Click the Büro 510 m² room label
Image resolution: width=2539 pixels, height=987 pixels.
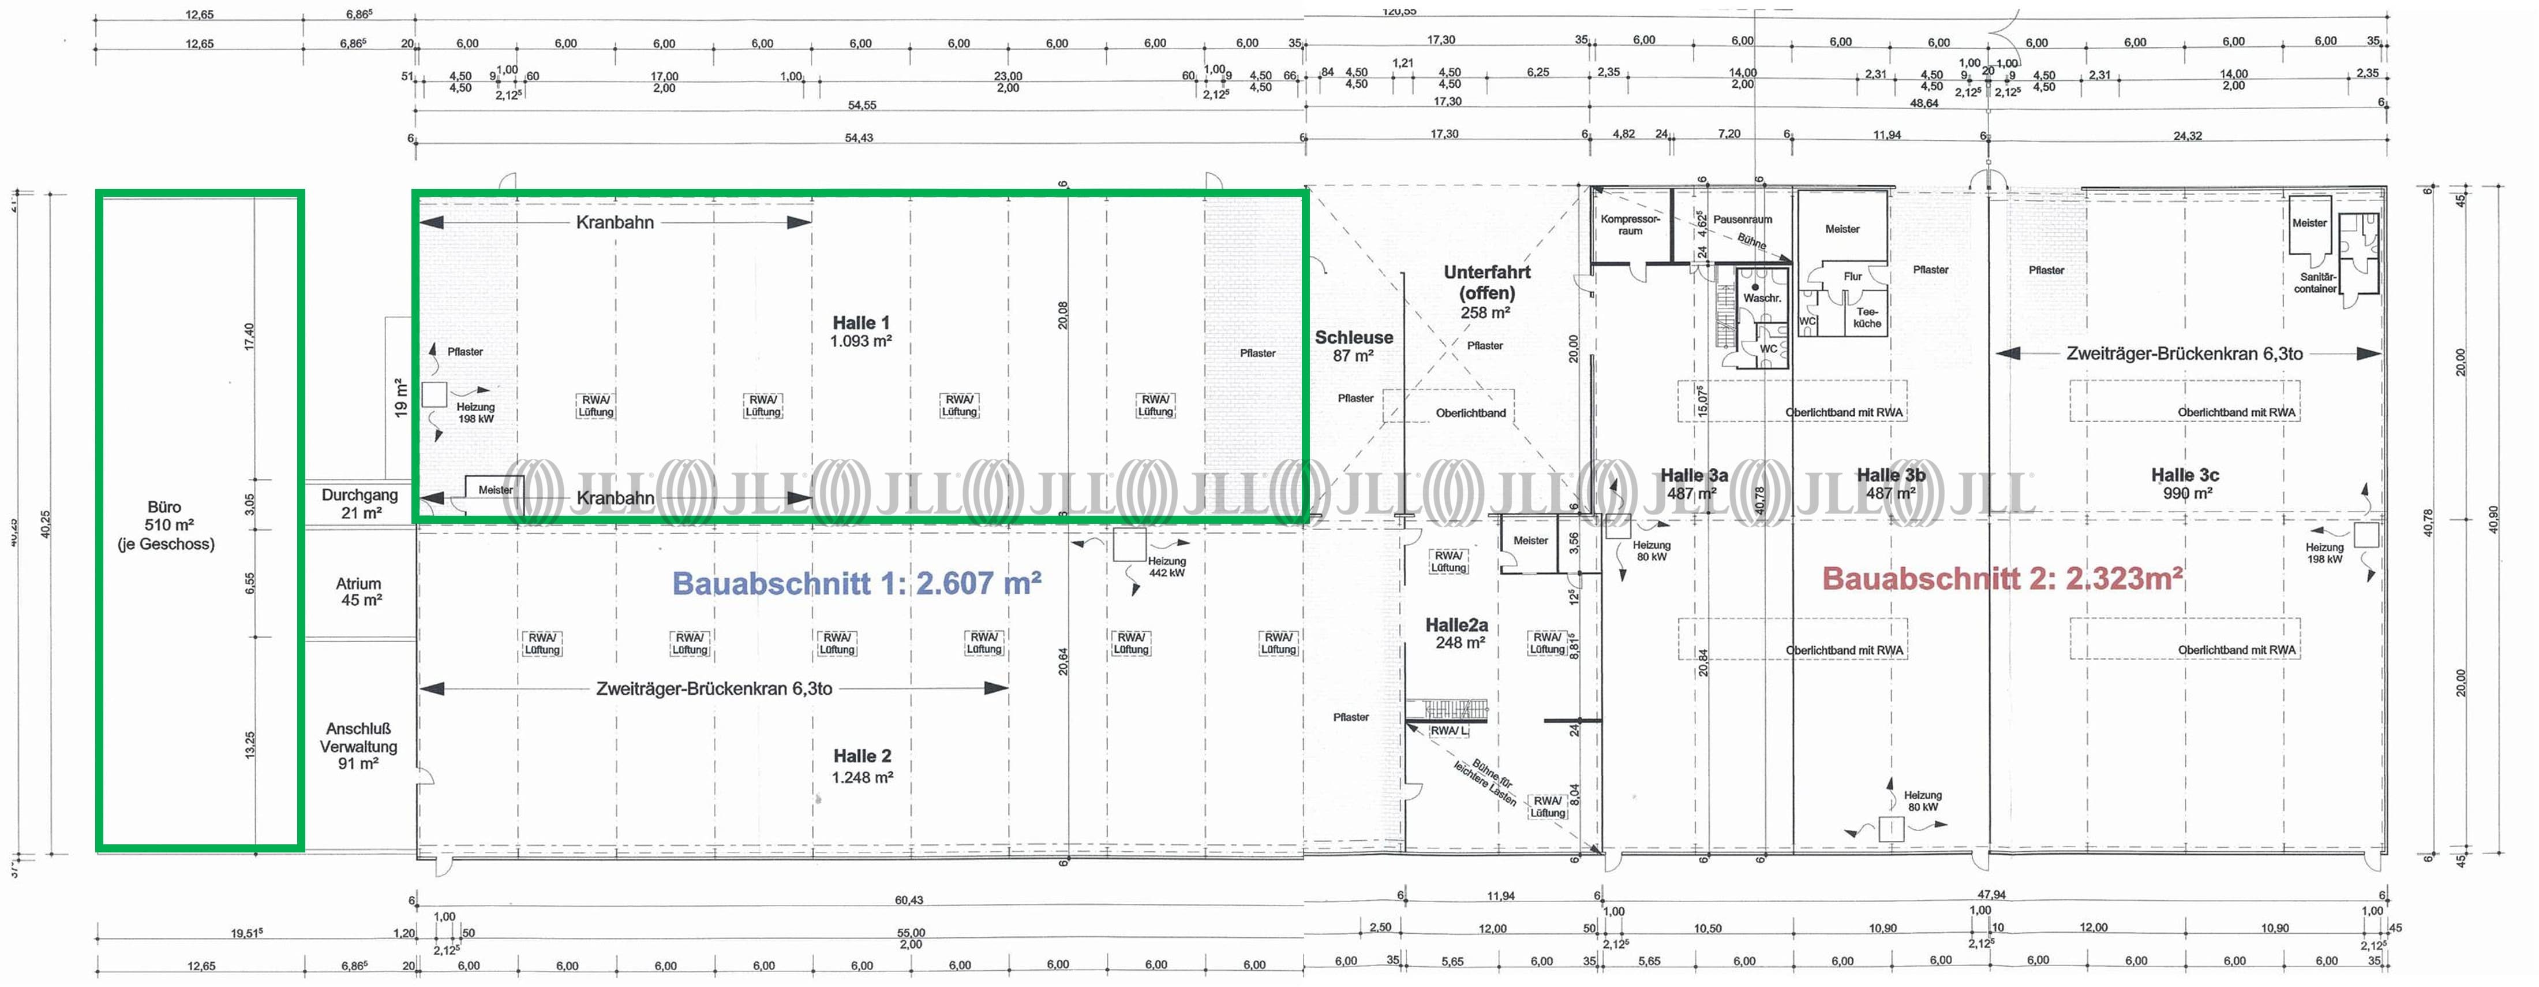166,524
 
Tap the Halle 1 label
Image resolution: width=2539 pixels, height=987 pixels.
860,332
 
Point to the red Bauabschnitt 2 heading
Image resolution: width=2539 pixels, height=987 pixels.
2002,578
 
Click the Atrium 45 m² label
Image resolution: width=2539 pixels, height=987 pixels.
359,591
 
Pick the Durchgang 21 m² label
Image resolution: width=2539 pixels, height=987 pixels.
359,504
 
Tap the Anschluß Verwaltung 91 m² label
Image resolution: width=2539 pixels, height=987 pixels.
359,746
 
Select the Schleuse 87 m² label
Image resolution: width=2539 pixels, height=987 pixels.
1353,346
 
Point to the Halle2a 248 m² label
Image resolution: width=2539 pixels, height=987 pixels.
1457,633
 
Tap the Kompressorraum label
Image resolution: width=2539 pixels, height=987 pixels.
1630,225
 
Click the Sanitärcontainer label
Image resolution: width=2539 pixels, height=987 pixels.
2315,283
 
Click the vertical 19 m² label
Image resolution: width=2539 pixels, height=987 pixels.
400,397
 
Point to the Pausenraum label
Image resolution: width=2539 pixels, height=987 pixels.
1743,220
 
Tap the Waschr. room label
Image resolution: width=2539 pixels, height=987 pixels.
1761,298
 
